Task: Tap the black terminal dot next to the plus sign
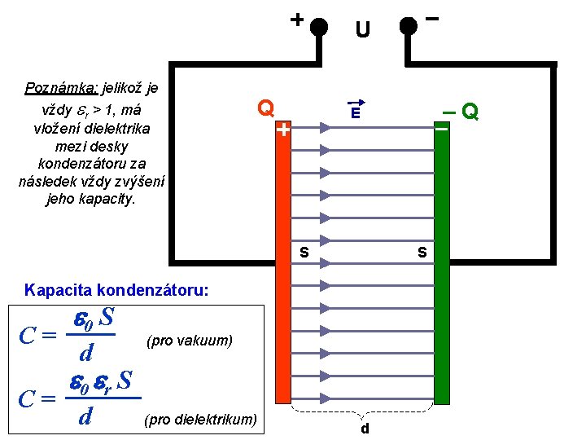(x=320, y=25)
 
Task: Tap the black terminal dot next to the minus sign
(x=409, y=25)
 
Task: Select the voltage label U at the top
(x=362, y=31)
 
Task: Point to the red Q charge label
(x=265, y=108)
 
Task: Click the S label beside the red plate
(x=303, y=253)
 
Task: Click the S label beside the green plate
(x=422, y=253)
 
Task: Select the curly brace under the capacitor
(x=362, y=411)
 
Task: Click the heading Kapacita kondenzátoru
(x=116, y=289)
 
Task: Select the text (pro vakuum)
(x=190, y=340)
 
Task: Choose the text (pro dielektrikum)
(x=200, y=420)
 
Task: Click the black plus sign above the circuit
(x=297, y=18)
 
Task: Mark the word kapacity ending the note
(x=108, y=199)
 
